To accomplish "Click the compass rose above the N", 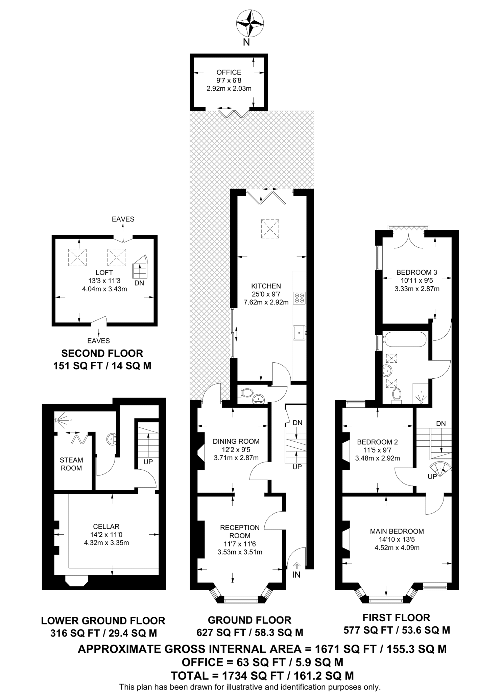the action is point(250,23).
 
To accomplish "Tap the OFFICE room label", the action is point(229,72).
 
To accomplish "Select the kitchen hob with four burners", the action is point(300,297).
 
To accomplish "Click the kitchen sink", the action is point(300,332).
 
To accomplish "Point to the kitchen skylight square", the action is point(270,228).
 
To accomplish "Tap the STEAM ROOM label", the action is point(71,464).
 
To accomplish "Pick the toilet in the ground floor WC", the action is point(246,393).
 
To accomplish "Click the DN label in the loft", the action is point(139,283).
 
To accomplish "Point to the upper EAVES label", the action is point(123,219).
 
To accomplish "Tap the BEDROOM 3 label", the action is point(417,272).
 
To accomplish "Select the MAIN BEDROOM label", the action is point(397,531).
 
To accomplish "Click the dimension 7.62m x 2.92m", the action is point(266,302).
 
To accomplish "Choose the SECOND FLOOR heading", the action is point(102,354).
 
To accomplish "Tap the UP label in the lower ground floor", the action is point(148,462).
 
